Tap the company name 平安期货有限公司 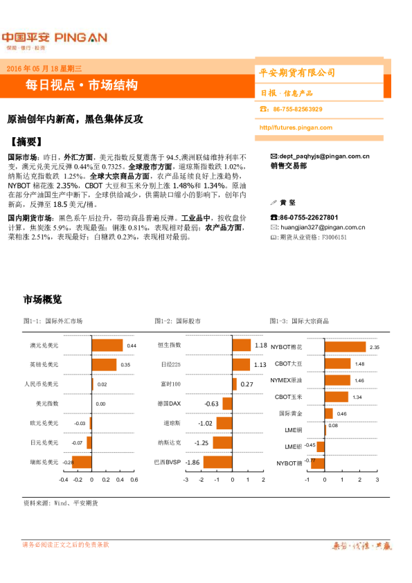coord(297,73)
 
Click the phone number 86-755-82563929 coord(298,109)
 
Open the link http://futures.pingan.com coord(297,127)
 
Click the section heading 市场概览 coord(42,300)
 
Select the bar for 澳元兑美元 coord(107,345)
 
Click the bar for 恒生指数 coord(241,345)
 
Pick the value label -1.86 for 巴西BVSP coord(192,463)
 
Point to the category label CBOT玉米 coord(288,397)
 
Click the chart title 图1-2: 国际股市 coord(178,321)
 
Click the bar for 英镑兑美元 coord(105,364)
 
